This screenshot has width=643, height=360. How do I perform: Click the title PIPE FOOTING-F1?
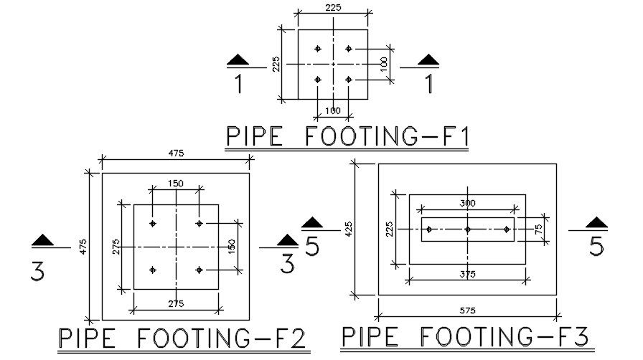pos(347,136)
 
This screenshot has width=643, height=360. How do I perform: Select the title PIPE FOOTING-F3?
pos(465,336)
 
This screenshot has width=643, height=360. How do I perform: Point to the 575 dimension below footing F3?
pos(467,311)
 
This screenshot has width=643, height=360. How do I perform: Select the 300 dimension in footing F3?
pos(467,204)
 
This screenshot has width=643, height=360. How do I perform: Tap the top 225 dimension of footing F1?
pos(333,7)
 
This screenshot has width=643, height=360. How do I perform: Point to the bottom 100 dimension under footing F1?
pos(333,110)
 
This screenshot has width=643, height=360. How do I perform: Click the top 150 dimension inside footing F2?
pos(175,184)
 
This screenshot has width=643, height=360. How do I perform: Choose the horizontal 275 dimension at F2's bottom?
pos(175,304)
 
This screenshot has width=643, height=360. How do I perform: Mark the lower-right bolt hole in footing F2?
pos(200,270)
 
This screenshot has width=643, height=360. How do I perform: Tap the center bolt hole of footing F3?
pos(467,229)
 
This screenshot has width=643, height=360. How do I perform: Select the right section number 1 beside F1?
pos(429,84)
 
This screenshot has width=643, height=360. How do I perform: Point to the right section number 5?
pos(596,246)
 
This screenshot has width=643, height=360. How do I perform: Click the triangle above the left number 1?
pos(238,60)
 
